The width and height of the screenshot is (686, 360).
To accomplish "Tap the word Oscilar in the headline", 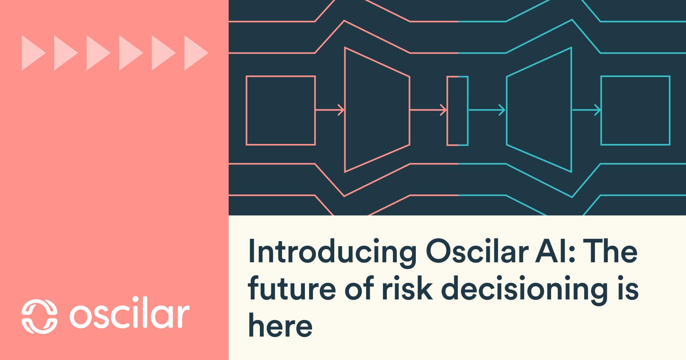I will pyautogui.click(x=476, y=251).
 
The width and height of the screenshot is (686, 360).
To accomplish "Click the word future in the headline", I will pyautogui.click(x=292, y=288).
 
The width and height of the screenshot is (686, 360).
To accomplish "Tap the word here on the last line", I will pyautogui.click(x=280, y=326).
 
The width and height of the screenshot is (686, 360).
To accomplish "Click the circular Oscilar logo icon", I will pyautogui.click(x=39, y=316).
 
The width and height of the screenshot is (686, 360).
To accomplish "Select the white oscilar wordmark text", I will pyautogui.click(x=130, y=315).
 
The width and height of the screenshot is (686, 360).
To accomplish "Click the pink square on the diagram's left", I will pyautogui.click(x=280, y=110).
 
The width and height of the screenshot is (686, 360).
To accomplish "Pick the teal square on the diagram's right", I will pyautogui.click(x=635, y=110).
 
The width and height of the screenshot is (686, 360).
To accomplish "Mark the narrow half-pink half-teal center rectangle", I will pyautogui.click(x=457, y=110).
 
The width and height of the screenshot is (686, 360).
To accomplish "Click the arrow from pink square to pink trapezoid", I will pyautogui.click(x=330, y=110).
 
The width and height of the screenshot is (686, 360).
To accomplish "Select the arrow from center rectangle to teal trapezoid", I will pyautogui.click(x=487, y=110).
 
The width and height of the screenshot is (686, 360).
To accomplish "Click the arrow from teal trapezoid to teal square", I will pyautogui.click(x=586, y=110).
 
